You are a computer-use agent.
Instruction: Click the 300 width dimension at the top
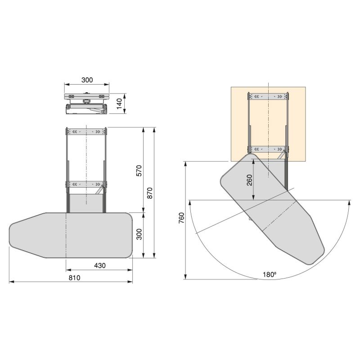(x=87, y=80)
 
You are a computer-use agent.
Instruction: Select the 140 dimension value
(x=119, y=103)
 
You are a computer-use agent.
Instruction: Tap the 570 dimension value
(x=139, y=171)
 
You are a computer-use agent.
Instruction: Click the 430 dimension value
(x=99, y=265)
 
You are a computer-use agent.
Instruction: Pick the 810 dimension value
(x=74, y=278)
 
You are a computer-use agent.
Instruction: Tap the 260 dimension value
(x=249, y=180)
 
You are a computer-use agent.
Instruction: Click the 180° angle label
(x=270, y=274)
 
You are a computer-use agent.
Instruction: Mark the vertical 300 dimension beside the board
(x=139, y=234)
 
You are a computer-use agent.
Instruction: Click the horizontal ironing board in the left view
(x=72, y=235)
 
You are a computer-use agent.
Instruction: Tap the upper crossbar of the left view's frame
(x=86, y=131)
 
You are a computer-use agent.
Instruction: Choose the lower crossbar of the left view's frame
(x=86, y=184)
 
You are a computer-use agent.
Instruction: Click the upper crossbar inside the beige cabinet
(x=268, y=96)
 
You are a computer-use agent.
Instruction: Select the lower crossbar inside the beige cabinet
(x=268, y=149)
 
